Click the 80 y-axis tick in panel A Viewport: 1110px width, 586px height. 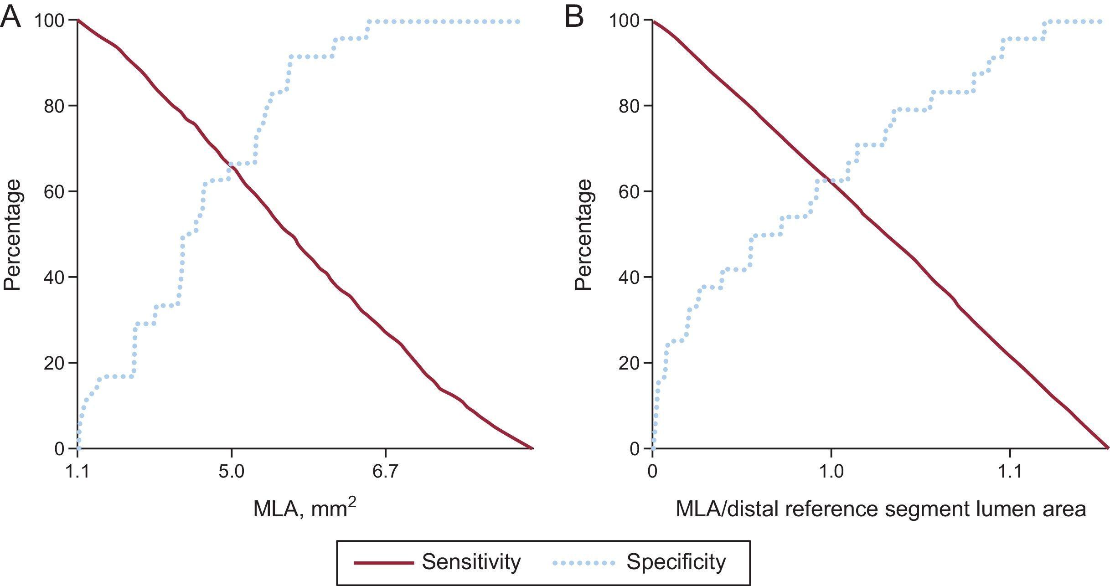pos(54,106)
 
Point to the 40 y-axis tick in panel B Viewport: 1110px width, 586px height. pos(630,277)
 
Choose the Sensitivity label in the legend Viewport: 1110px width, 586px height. pos(471,562)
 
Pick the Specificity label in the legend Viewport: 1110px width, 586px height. pos(676,562)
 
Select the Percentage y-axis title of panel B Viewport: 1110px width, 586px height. pos(583,235)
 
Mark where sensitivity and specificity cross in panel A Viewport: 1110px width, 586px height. pos(231,167)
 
